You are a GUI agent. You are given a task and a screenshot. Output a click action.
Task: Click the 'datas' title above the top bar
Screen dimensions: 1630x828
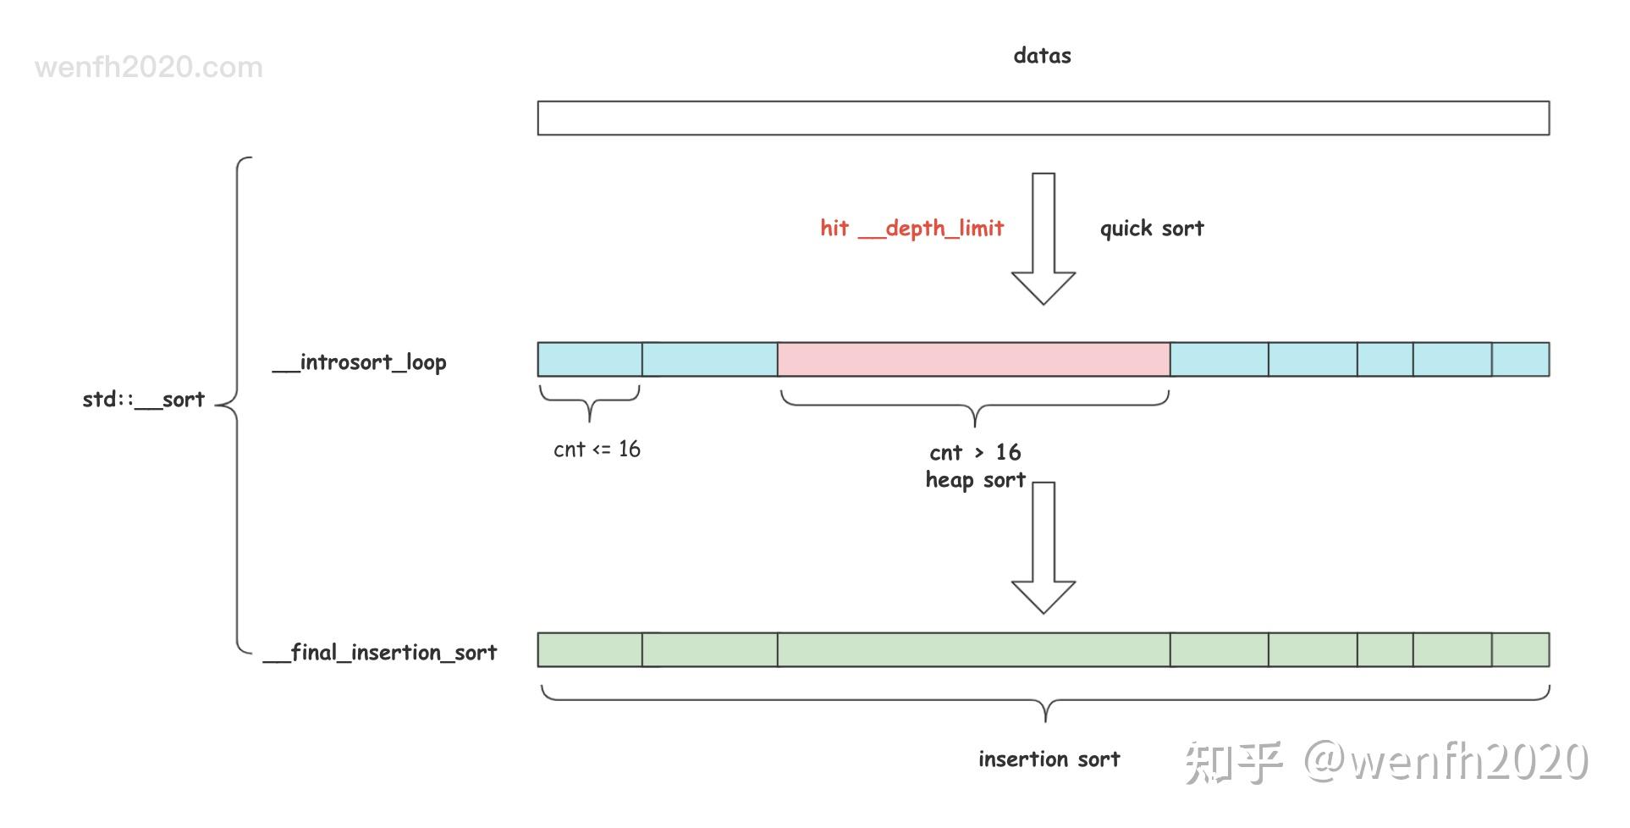click(x=1042, y=56)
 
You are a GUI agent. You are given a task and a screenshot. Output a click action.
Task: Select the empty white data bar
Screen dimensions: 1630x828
click(x=1043, y=119)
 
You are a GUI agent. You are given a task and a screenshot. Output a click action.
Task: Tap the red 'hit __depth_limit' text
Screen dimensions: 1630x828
click(x=911, y=229)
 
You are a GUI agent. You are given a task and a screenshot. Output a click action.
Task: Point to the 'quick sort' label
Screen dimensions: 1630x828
click(x=1151, y=229)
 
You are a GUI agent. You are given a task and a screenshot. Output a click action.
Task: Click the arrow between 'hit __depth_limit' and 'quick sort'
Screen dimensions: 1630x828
click(x=1044, y=239)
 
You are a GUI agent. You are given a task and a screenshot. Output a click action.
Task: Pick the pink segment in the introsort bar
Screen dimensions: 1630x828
click(x=973, y=360)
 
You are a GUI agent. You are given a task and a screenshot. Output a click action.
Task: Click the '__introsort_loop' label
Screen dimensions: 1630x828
click(x=359, y=362)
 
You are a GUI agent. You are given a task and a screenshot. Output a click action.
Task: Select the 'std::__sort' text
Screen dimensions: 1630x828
click(x=143, y=400)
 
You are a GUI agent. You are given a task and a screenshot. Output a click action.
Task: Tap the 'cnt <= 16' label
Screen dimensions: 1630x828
click(x=597, y=450)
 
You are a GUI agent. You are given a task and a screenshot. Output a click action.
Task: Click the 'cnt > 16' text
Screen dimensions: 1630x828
click(x=975, y=452)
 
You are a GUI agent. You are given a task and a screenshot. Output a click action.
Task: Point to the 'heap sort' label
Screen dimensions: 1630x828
click(x=975, y=480)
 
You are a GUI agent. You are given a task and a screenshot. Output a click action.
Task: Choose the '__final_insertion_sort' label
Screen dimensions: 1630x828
click(x=380, y=653)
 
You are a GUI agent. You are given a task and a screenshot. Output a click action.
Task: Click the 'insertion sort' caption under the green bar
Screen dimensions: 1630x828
click(x=1049, y=759)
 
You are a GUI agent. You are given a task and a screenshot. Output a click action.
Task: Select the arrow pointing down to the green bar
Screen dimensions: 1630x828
click(x=1044, y=548)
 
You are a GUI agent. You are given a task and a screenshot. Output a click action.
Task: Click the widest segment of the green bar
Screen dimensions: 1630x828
click(x=973, y=650)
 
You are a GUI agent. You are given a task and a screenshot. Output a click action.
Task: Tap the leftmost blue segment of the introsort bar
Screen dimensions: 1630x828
click(x=590, y=360)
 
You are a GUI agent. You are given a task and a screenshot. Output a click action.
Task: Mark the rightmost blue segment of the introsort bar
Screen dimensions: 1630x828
click(x=1520, y=360)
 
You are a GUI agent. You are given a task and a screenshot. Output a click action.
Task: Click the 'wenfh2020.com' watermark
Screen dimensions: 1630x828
click(x=149, y=68)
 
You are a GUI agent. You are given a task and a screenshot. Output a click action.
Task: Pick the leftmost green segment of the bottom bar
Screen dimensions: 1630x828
click(x=590, y=650)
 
